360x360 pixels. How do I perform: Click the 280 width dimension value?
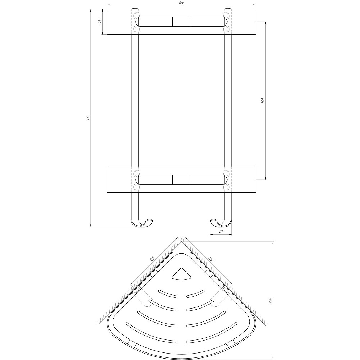click(181, 3)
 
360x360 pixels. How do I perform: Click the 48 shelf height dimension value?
click(100, 22)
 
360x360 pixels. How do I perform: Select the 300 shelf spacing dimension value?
click(263, 100)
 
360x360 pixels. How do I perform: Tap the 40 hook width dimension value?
click(220, 232)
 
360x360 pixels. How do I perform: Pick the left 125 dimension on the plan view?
click(152, 258)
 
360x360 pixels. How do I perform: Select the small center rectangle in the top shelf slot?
click(181, 22)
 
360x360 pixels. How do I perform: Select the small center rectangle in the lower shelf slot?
click(181, 179)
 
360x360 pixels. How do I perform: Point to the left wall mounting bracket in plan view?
click(137, 289)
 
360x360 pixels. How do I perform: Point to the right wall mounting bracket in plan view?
click(225, 289)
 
